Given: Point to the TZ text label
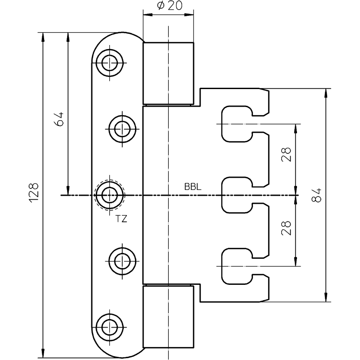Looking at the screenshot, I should coord(121,219).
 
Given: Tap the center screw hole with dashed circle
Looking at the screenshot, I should coord(108,195).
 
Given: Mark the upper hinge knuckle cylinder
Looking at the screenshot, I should coord(169,73).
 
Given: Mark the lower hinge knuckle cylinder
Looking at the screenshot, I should coord(169,317).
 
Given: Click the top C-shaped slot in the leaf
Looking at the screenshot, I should coord(236,122).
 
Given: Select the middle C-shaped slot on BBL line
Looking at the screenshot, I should coord(236,195).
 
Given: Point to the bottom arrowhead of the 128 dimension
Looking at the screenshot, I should coord(43,354).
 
